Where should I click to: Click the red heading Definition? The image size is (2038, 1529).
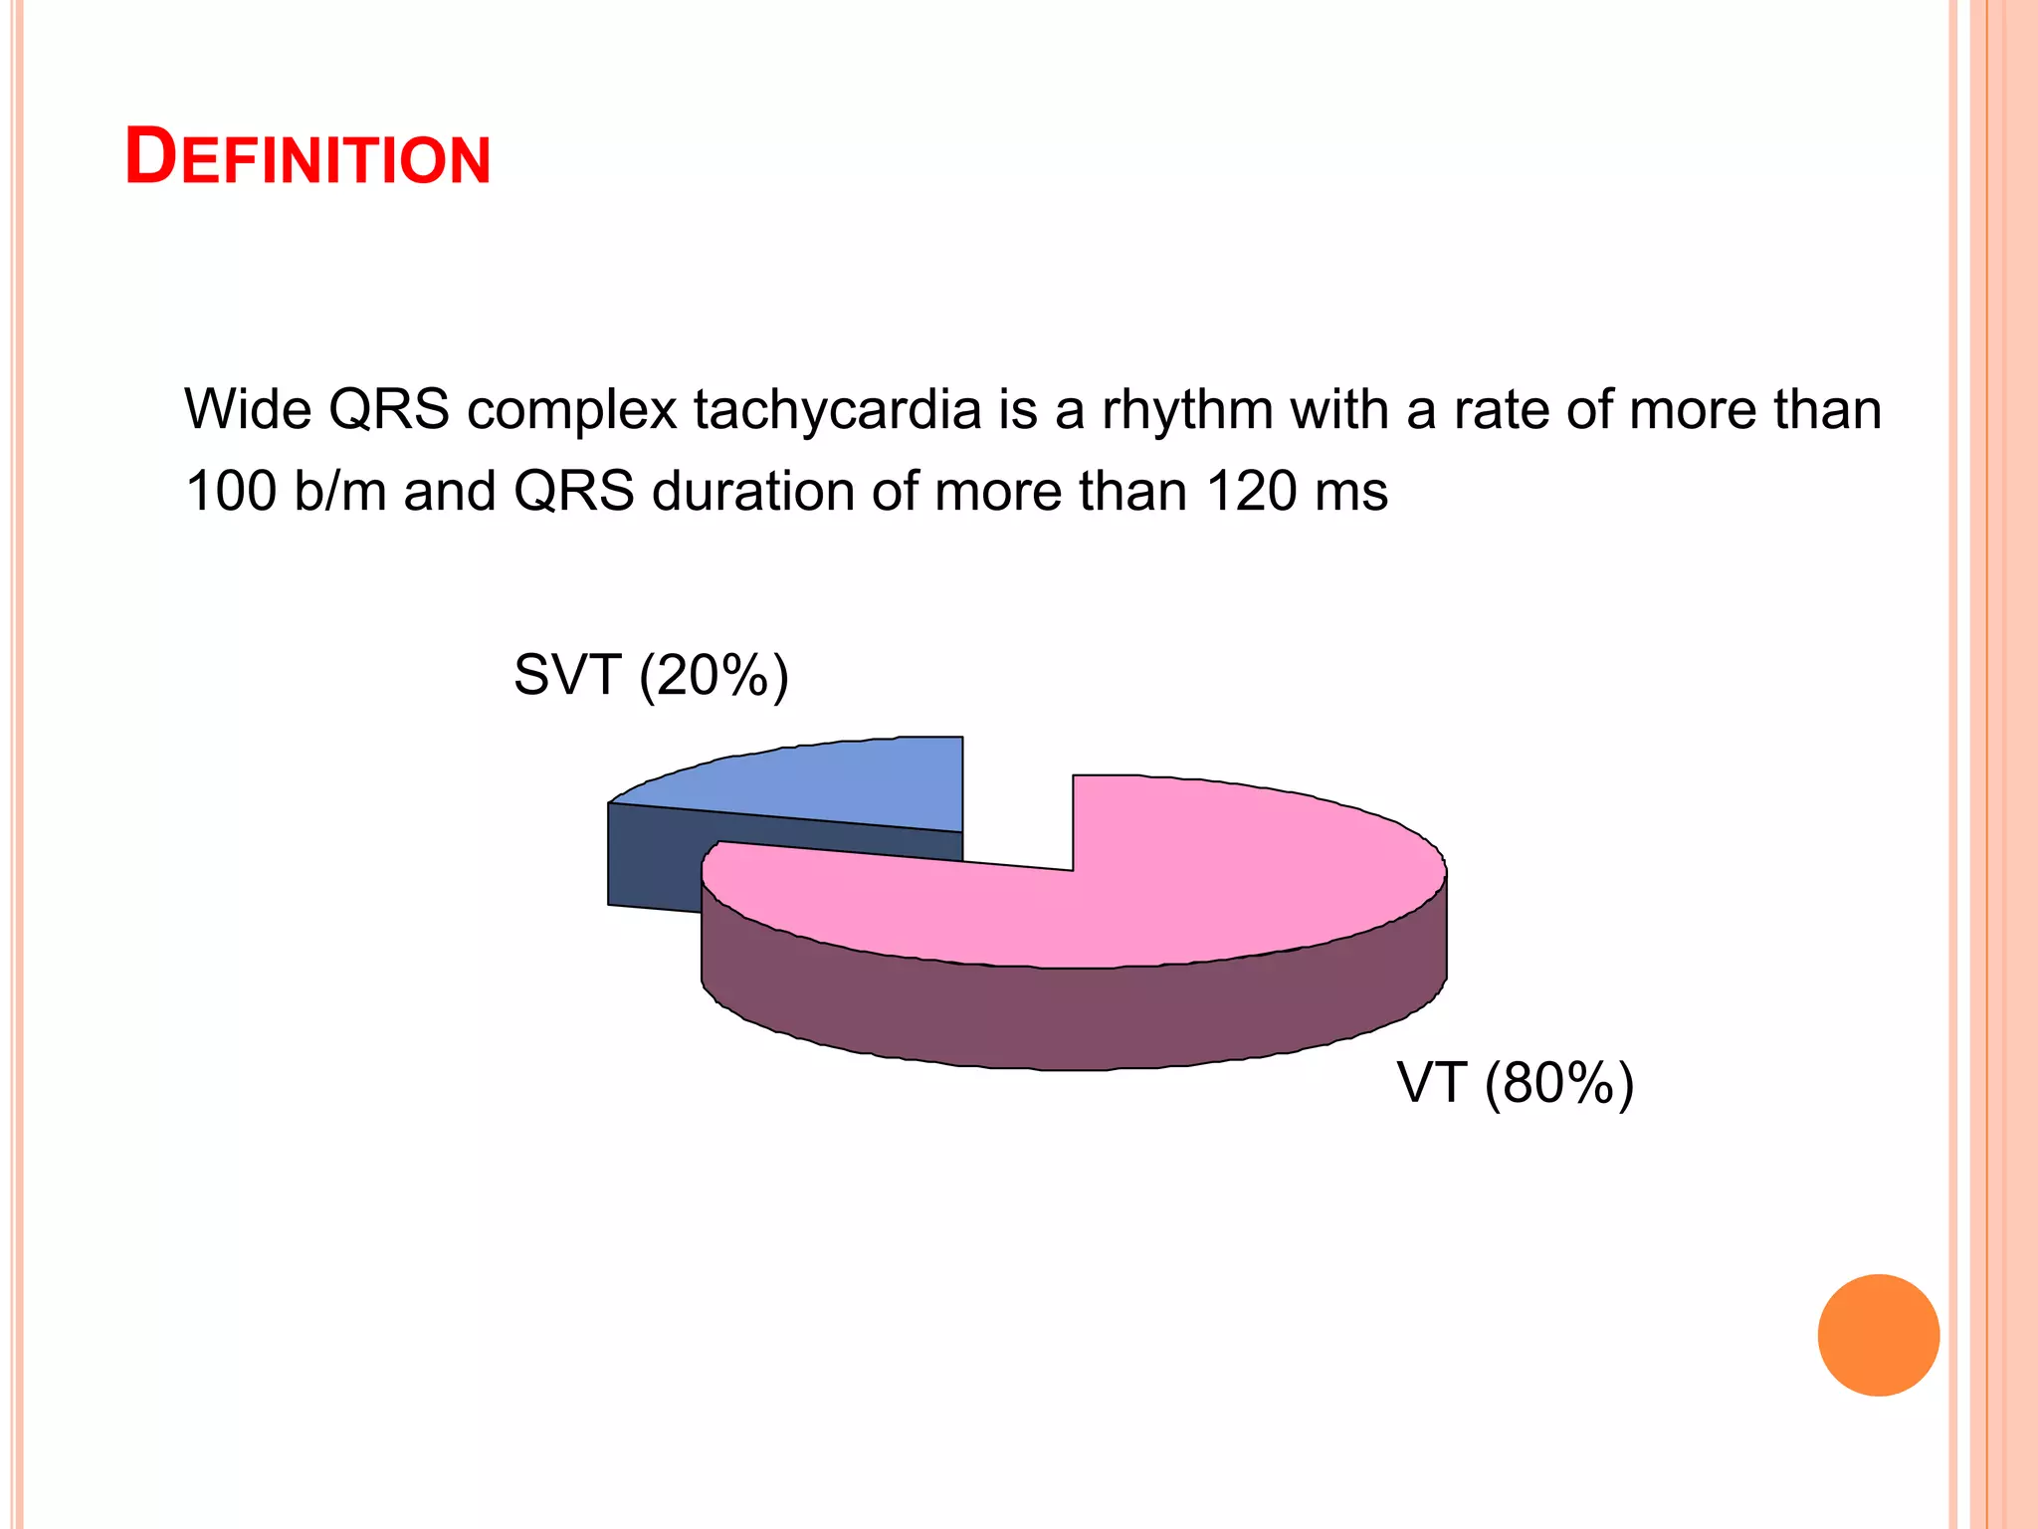click(307, 157)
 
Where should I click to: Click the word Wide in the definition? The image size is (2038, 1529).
click(248, 409)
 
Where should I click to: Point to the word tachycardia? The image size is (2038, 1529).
click(837, 409)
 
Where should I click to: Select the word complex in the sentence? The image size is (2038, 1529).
click(572, 409)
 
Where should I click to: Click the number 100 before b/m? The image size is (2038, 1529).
click(231, 491)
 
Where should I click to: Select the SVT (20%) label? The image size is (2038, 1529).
click(651, 676)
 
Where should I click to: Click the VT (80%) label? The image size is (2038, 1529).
click(1515, 1083)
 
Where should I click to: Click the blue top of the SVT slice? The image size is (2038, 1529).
click(826, 781)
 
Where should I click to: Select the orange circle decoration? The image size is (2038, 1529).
click(1878, 1335)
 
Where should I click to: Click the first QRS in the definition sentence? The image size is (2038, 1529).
click(389, 409)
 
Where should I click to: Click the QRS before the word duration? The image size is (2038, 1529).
click(574, 491)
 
